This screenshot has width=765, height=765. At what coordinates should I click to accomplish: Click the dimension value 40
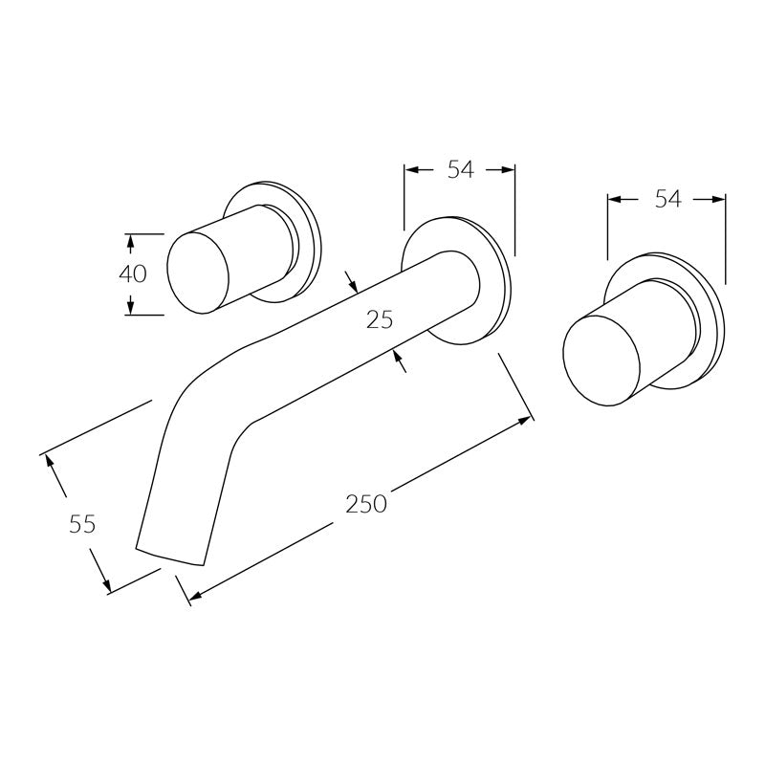(133, 273)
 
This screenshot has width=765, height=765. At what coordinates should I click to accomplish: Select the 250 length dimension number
(366, 504)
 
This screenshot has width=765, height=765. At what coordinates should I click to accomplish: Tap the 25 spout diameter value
(380, 320)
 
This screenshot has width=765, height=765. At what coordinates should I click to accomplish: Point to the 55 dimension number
(82, 523)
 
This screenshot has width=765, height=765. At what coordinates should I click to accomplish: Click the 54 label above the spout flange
(460, 170)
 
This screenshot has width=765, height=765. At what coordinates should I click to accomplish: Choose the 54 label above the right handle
(667, 199)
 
